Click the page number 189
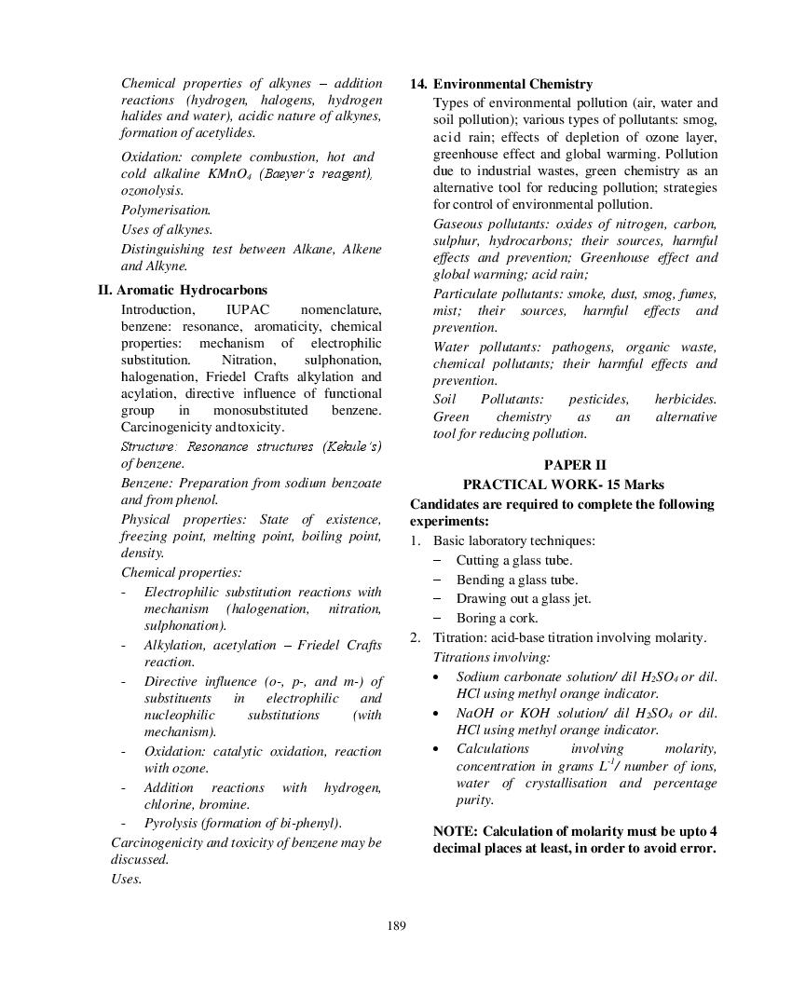(x=396, y=925)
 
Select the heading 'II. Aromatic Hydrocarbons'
(x=183, y=290)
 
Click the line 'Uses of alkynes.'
(x=167, y=229)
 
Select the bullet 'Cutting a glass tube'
(x=513, y=560)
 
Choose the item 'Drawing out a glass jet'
(x=523, y=598)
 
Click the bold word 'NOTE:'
(x=456, y=830)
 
